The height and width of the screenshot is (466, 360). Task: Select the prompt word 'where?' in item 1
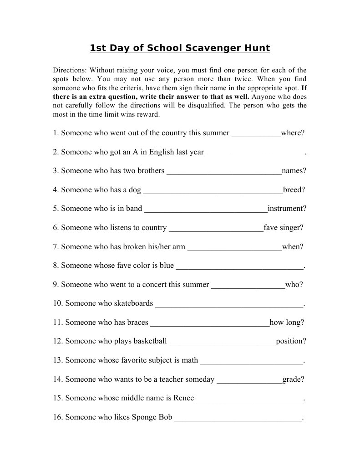pos(293,133)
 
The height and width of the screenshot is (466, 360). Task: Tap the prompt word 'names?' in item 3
pos(294,171)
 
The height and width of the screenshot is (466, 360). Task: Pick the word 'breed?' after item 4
pos(294,190)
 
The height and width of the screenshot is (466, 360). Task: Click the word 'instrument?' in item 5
pos(287,209)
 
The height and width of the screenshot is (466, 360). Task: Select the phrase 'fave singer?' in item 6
pos(283,228)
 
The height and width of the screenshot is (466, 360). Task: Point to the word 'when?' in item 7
pos(293,247)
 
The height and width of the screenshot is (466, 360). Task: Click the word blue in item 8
pos(167,265)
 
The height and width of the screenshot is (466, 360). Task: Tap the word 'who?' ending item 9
pos(294,285)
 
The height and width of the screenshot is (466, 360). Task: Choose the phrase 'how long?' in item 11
pos(287,323)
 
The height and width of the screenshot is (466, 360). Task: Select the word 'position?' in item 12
pos(291,341)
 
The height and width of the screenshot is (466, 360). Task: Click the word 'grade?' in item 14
pos(293,379)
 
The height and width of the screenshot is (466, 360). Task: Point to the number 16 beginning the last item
pos(57,417)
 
